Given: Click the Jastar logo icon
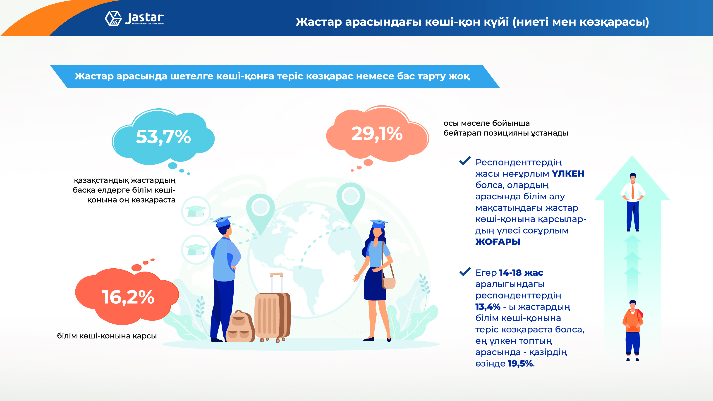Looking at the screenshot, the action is tap(113, 19).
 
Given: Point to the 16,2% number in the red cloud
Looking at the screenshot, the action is tap(128, 297).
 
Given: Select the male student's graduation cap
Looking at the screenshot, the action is tap(222, 221).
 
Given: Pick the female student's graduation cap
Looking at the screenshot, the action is tap(378, 224).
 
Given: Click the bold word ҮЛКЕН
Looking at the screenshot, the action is tap(568, 174).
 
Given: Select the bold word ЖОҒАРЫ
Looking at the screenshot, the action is tap(498, 242).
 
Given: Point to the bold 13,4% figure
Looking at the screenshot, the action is tap(488, 307).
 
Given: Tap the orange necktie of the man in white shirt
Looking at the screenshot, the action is tap(633, 191).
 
